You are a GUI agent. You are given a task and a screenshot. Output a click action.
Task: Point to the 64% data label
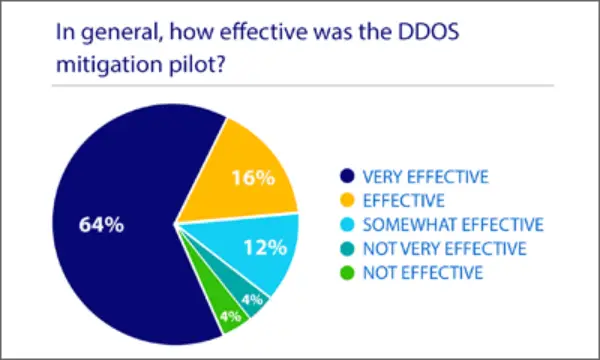point(102,225)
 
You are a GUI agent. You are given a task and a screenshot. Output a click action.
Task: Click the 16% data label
point(254,179)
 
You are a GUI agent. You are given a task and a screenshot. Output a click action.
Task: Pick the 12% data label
point(264,246)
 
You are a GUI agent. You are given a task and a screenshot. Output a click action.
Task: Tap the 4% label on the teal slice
point(251,299)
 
